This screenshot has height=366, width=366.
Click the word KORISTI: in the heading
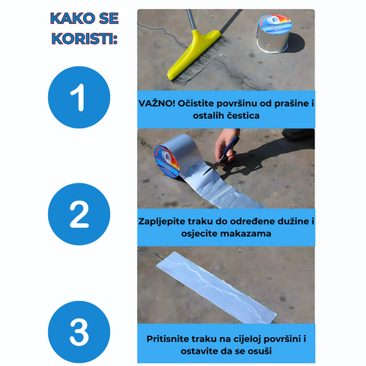84,38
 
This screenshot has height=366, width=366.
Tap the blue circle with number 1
79,97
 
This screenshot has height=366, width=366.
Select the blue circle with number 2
79,214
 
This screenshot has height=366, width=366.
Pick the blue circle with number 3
79,332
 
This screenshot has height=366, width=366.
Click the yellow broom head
194,55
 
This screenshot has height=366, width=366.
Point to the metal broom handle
191,20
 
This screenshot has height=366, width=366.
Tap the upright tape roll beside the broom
275,34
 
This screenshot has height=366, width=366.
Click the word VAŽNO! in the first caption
157,104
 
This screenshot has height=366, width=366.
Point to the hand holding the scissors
225,147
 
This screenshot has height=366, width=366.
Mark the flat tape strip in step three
216,288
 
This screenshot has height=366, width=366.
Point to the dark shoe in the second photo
298,135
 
